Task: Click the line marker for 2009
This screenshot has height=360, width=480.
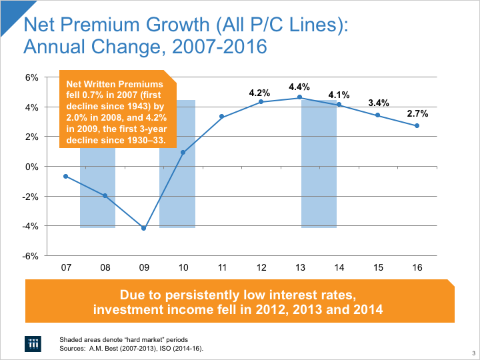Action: point(143,228)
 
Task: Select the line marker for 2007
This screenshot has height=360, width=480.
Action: point(65,176)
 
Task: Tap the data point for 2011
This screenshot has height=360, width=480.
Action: point(221,117)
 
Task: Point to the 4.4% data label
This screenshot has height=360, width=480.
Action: point(299,87)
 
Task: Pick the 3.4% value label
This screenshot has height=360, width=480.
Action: point(378,103)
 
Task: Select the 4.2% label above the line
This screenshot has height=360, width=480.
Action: point(259,93)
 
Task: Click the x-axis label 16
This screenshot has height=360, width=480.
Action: point(417,267)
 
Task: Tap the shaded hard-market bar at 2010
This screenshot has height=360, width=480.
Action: point(177,200)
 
